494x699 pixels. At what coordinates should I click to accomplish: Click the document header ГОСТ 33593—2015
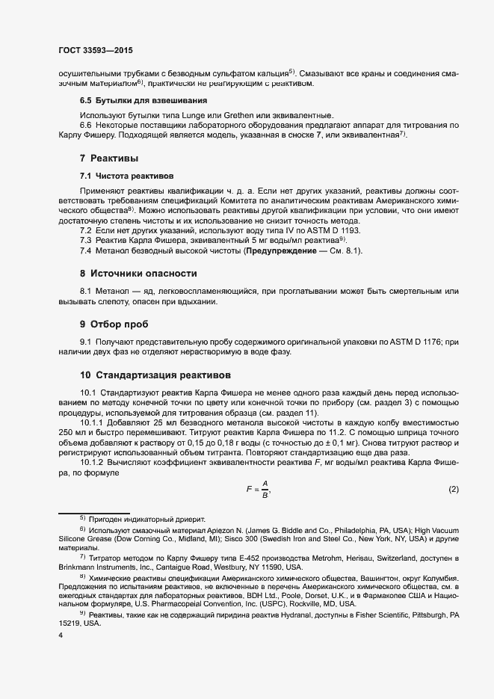point(96,51)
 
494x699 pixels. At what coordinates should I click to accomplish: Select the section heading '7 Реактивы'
point(109,158)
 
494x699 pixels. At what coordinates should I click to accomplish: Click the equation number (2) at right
point(453,490)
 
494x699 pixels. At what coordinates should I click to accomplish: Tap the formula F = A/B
point(256,490)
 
